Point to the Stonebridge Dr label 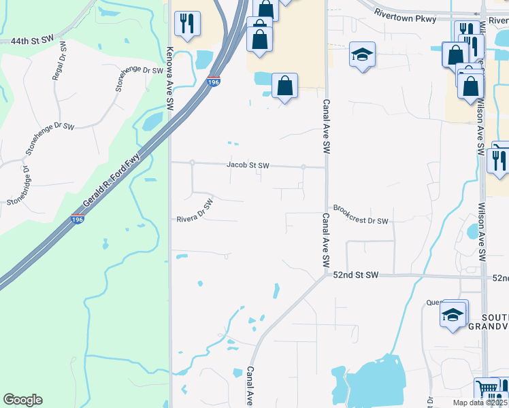click(18, 186)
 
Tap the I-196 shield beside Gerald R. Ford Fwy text click(77, 220)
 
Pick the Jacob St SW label click(248, 165)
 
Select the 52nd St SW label click(355, 275)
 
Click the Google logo click(22, 400)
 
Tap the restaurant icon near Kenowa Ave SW click(186, 23)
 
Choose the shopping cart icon click(487, 389)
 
